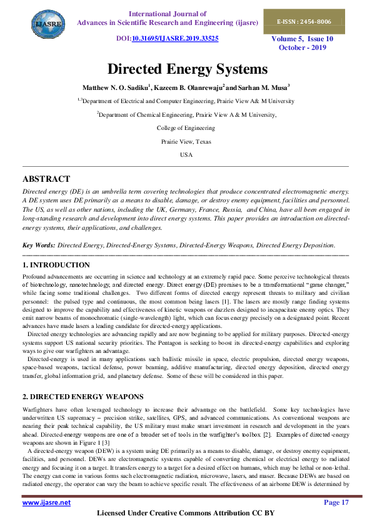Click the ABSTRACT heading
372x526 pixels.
[x=46, y=179]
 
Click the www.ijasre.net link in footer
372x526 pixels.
[x=46, y=502]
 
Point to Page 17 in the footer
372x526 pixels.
[x=336, y=502]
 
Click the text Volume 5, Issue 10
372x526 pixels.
[x=301, y=39]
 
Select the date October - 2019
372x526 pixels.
[x=301, y=47]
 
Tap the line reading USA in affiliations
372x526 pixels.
[x=186, y=154]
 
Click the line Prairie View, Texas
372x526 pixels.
[x=186, y=141]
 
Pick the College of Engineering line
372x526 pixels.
[x=186, y=128]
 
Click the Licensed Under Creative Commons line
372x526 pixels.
[x=186, y=514]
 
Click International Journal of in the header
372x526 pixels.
[x=167, y=13]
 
